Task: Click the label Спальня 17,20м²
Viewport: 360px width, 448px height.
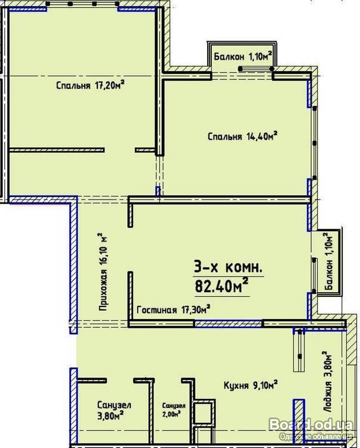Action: point(90,85)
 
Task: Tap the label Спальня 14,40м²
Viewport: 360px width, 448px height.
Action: point(242,136)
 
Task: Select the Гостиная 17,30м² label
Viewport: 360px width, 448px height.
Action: point(174,309)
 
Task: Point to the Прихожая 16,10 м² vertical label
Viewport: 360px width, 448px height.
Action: point(103,272)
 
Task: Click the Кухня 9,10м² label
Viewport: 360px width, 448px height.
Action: point(251,385)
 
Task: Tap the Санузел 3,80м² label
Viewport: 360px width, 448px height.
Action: point(114,410)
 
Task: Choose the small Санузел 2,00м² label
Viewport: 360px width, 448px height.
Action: point(174,410)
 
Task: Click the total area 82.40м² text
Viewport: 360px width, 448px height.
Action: point(221,286)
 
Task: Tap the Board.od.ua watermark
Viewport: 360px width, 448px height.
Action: point(311,425)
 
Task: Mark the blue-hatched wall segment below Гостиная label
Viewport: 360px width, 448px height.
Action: point(228,323)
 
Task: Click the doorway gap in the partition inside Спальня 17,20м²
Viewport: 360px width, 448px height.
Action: point(119,150)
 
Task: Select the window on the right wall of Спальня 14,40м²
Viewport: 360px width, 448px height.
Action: point(314,143)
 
